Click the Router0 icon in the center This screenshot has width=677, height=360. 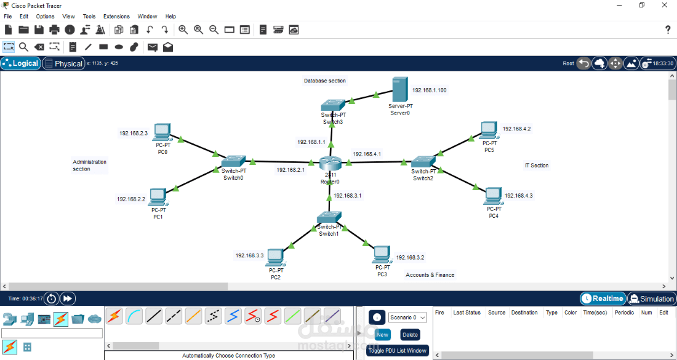point(330,164)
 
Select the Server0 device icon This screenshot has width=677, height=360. point(399,90)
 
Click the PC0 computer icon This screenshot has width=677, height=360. point(162,132)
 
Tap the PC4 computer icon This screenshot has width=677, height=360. point(493,196)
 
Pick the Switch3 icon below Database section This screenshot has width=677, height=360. point(334,105)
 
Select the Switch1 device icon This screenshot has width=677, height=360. point(329,217)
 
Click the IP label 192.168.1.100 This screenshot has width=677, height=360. point(430,90)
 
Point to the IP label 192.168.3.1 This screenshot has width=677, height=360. point(348,196)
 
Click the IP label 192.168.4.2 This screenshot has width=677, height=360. point(516,129)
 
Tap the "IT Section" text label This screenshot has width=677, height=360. point(537,166)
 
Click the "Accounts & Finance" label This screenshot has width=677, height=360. point(430,275)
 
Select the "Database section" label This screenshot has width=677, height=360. point(325,81)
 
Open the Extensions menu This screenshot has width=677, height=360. point(116,17)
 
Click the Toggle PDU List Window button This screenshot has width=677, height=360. point(397,351)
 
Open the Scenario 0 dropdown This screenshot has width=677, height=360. point(407,318)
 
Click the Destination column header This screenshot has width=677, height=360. point(524,313)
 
